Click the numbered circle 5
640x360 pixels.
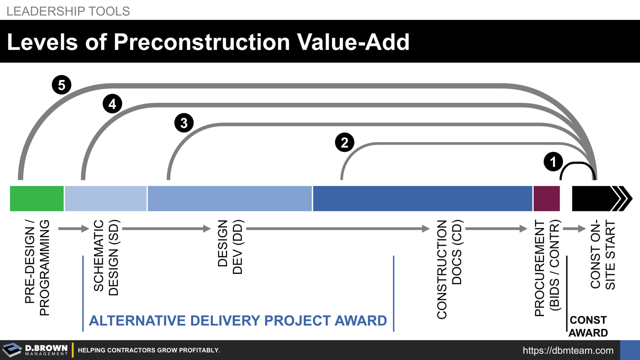coord(61,85)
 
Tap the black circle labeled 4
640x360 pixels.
coord(112,104)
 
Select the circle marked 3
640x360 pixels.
coord(184,123)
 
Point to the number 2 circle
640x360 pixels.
coord(344,142)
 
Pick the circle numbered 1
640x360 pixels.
coord(553,161)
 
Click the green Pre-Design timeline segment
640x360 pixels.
coord(37,198)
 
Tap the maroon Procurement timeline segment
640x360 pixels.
coord(546,198)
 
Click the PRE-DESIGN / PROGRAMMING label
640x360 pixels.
coord(37,268)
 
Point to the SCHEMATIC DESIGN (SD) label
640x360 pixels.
coord(106,258)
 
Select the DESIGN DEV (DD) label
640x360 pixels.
coord(229,247)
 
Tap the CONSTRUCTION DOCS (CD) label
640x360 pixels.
coord(449,269)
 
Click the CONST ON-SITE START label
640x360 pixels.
coord(602,255)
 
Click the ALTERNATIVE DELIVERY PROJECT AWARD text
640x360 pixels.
coord(238,320)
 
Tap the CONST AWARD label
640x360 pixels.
coord(588,326)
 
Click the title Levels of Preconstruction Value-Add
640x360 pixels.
coord(208,42)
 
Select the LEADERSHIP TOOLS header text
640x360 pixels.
coord(68,11)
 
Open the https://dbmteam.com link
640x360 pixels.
coord(568,350)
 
